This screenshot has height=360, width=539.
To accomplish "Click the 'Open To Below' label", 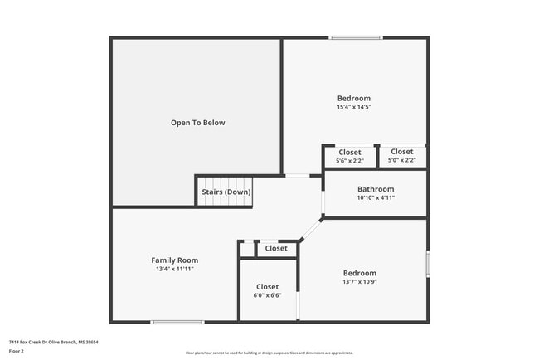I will click(x=197, y=123).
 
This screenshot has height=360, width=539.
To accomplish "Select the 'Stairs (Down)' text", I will click(x=226, y=192).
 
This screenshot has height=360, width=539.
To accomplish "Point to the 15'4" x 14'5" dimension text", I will click(x=353, y=107).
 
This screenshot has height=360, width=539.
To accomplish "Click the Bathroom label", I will click(x=375, y=188).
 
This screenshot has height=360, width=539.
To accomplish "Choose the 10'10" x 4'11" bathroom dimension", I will click(x=375, y=197).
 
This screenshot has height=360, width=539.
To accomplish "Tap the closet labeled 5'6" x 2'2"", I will click(x=350, y=156).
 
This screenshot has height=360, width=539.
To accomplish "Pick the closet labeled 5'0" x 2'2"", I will click(x=402, y=156).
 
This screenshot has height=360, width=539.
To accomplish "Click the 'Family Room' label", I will click(x=174, y=260).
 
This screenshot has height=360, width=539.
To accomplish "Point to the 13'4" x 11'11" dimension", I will click(x=174, y=270).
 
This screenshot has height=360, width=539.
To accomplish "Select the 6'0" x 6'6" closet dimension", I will click(x=267, y=295).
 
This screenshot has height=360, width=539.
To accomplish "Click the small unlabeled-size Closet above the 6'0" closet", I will click(x=276, y=248).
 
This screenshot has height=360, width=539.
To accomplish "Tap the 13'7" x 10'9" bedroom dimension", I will click(x=360, y=281).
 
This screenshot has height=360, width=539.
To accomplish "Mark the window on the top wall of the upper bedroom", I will click(x=357, y=37).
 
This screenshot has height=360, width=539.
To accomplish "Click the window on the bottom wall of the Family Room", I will click(x=177, y=322).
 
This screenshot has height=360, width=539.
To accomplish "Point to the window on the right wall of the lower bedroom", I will click(x=428, y=264).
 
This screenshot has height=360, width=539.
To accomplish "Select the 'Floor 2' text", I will click(x=17, y=351).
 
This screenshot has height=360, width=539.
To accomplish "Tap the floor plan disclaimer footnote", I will click(x=269, y=353).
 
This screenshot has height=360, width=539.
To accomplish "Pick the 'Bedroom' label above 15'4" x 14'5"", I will click(x=353, y=98).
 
